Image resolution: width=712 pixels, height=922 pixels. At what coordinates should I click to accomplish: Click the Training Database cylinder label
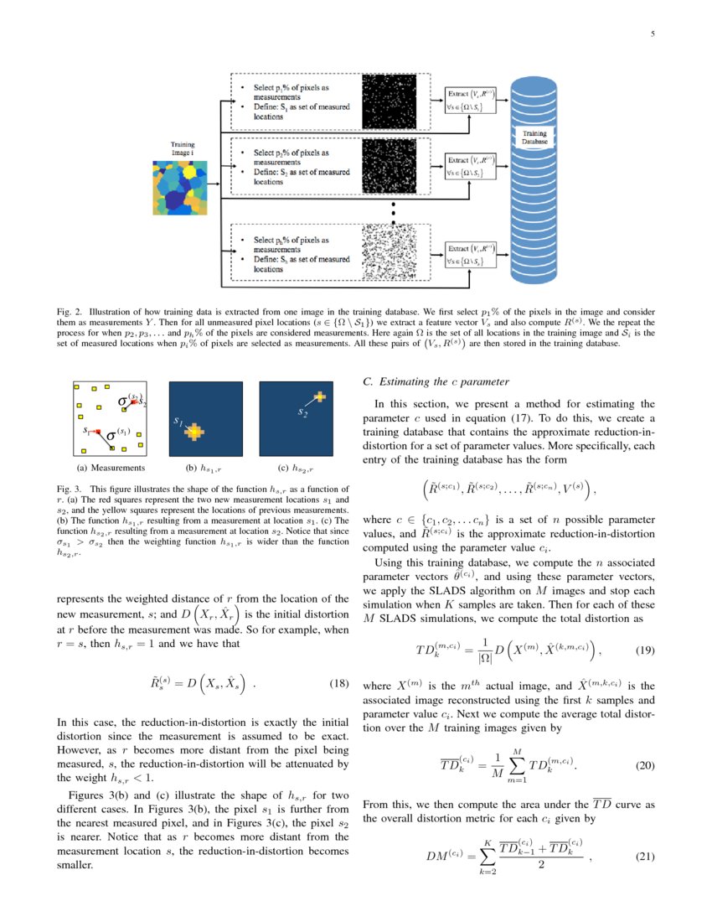click(x=534, y=137)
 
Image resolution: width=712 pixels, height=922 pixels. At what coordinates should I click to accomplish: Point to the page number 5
click(x=652, y=34)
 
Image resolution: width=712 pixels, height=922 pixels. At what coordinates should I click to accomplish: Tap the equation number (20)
click(x=644, y=764)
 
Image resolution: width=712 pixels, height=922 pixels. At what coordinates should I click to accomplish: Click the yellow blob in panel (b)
click(x=194, y=432)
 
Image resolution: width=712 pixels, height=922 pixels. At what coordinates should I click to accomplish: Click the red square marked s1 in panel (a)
click(x=97, y=430)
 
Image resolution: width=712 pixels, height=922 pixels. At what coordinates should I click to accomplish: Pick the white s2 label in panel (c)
click(x=302, y=412)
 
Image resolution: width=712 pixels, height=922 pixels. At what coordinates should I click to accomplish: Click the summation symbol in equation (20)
click(x=517, y=765)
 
